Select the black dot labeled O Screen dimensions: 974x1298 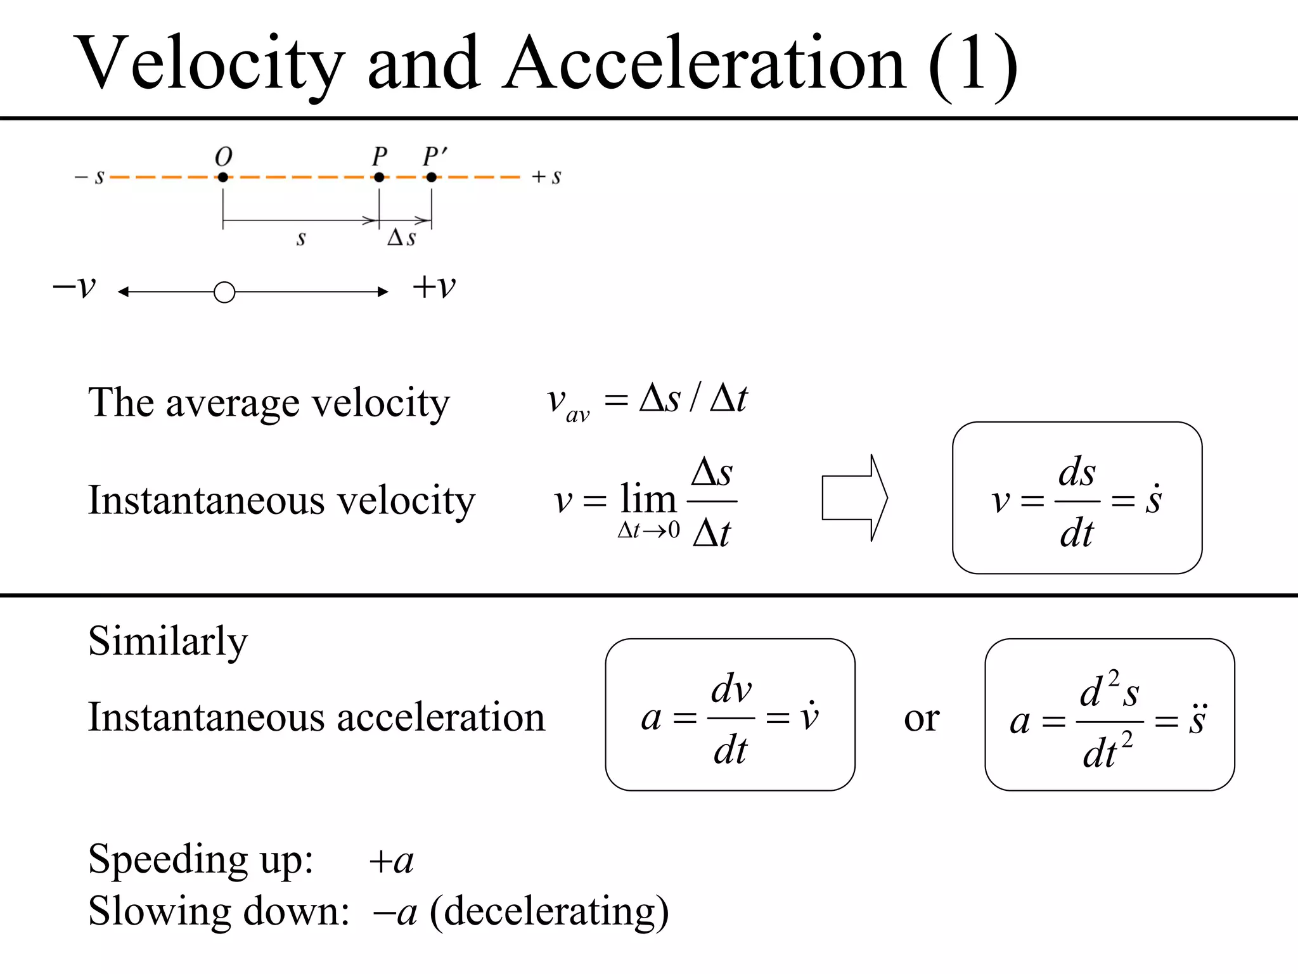pos(223,177)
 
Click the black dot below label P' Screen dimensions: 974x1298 pos(432,177)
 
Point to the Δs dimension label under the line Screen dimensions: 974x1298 pos(402,238)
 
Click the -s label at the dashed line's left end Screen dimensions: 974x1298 pos(89,177)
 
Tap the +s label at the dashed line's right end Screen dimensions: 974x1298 pos(546,177)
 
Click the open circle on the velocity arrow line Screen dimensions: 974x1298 pos(224,292)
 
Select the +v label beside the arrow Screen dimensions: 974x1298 pos(434,287)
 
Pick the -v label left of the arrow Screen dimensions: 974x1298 pos(74,287)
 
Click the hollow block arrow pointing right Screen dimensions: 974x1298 pos(854,498)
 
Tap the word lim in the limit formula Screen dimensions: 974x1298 pos(648,499)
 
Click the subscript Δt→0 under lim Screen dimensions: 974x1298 pos(648,530)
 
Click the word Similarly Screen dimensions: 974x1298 pos(168,641)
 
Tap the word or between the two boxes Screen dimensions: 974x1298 pos(922,719)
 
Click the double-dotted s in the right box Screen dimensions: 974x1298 pos(1197,720)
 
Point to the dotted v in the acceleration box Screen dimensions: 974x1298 pos(809,717)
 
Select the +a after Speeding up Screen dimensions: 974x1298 pos(392,861)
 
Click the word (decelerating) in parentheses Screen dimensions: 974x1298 pos(549,912)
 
